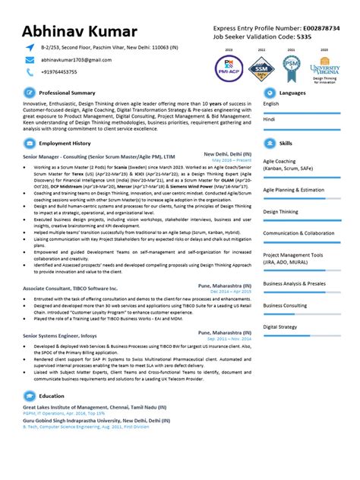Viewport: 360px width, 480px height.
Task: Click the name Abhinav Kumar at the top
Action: click(80, 31)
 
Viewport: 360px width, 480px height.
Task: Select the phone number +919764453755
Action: click(58, 72)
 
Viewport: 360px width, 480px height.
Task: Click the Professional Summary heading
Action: click(67, 93)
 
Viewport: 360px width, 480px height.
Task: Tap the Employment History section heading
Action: click(65, 143)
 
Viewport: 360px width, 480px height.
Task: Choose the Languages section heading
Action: click(292, 93)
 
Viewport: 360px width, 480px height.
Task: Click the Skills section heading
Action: click(286, 143)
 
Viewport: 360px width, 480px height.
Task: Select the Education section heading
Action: click(52, 396)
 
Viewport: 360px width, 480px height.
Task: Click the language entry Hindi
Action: click(270, 119)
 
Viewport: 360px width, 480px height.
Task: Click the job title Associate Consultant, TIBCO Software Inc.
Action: click(71, 289)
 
